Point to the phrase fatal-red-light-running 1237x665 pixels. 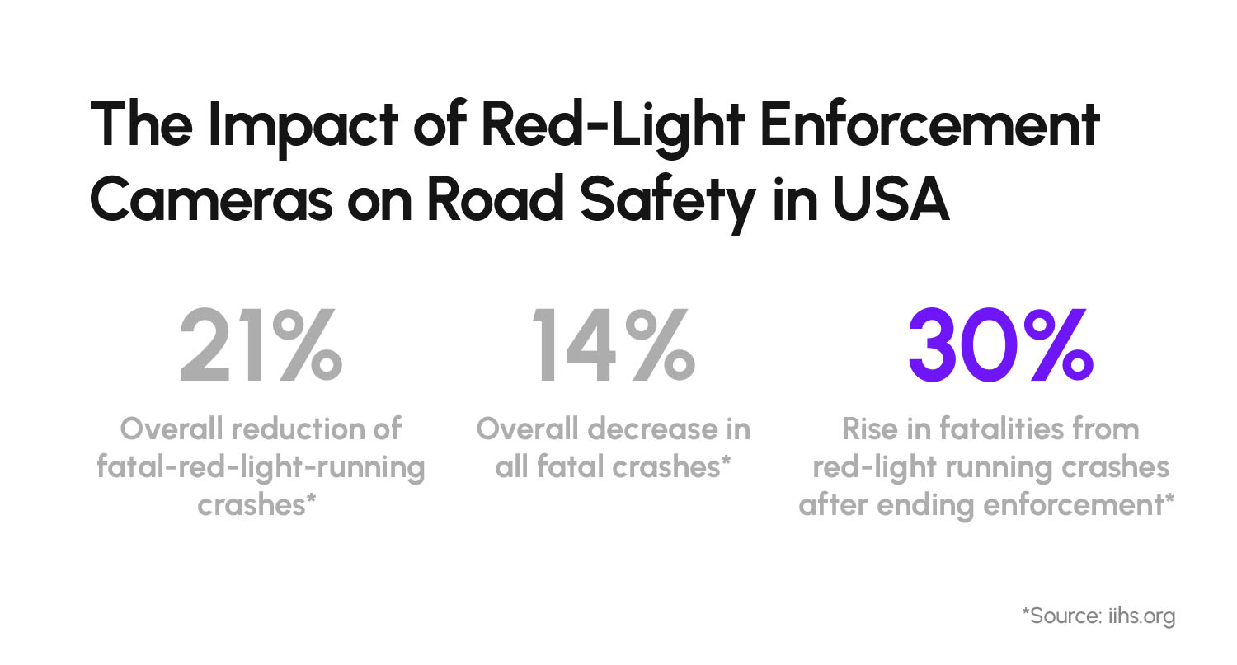point(261,467)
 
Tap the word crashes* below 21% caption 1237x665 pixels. point(258,505)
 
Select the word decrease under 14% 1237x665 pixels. point(646,429)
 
